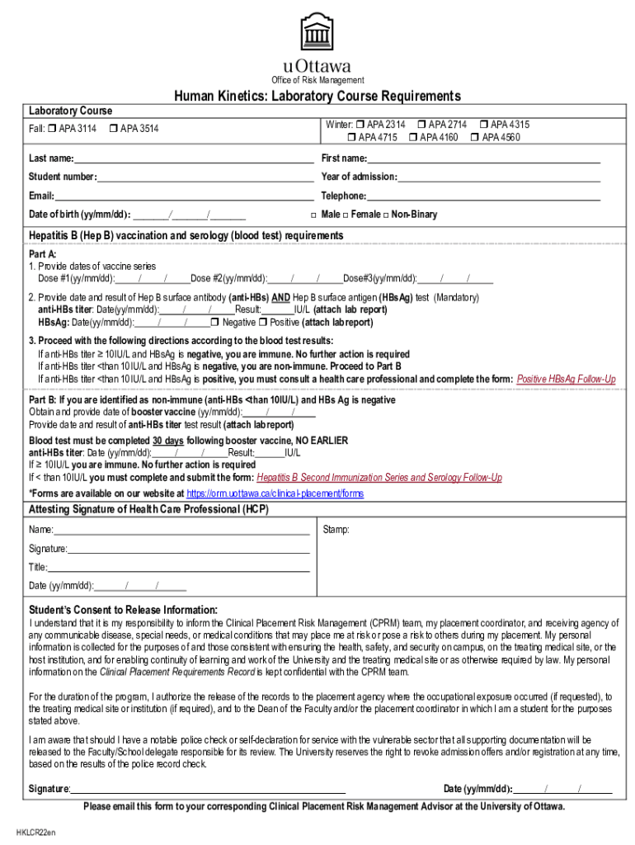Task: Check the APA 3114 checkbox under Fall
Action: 51,129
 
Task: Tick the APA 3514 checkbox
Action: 112,129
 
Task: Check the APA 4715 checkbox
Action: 351,137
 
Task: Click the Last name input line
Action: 193,159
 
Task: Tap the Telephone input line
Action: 483,197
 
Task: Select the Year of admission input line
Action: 499,178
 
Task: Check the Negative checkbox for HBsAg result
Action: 215,323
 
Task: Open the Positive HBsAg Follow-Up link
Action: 566,379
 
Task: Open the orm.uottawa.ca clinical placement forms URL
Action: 275,493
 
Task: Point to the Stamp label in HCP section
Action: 336,529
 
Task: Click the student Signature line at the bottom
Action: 207,790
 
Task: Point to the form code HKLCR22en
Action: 36,832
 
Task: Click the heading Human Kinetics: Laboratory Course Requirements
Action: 317,97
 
